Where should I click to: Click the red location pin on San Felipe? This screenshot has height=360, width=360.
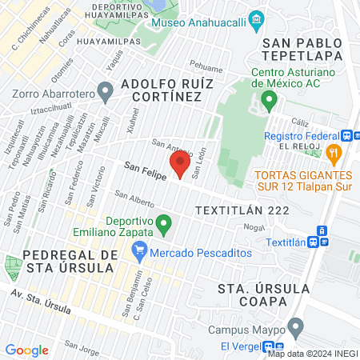pos(181,164)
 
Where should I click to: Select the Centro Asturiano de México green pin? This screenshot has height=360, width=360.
pos(270,101)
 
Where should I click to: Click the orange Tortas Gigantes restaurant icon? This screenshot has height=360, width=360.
pos(335,150)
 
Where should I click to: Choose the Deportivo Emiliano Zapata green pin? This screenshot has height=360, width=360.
pos(164,224)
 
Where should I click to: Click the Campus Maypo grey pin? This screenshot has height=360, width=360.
pos(296,326)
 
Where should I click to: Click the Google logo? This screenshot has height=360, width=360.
pos(26,350)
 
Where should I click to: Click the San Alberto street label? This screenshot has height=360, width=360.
pos(134,199)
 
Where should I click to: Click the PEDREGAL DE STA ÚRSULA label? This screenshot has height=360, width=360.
pos(70,261)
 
